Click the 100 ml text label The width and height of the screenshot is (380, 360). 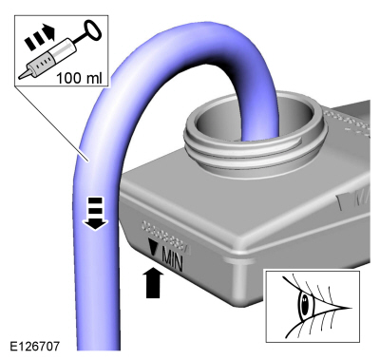click(x=79, y=78)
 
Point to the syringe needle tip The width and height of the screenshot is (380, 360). click(x=20, y=77)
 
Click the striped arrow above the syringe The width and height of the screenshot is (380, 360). click(x=40, y=39)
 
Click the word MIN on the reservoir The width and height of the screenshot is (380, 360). click(x=172, y=260)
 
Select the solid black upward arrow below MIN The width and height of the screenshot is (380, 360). click(x=154, y=282)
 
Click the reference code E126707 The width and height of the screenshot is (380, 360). click(x=35, y=346)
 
